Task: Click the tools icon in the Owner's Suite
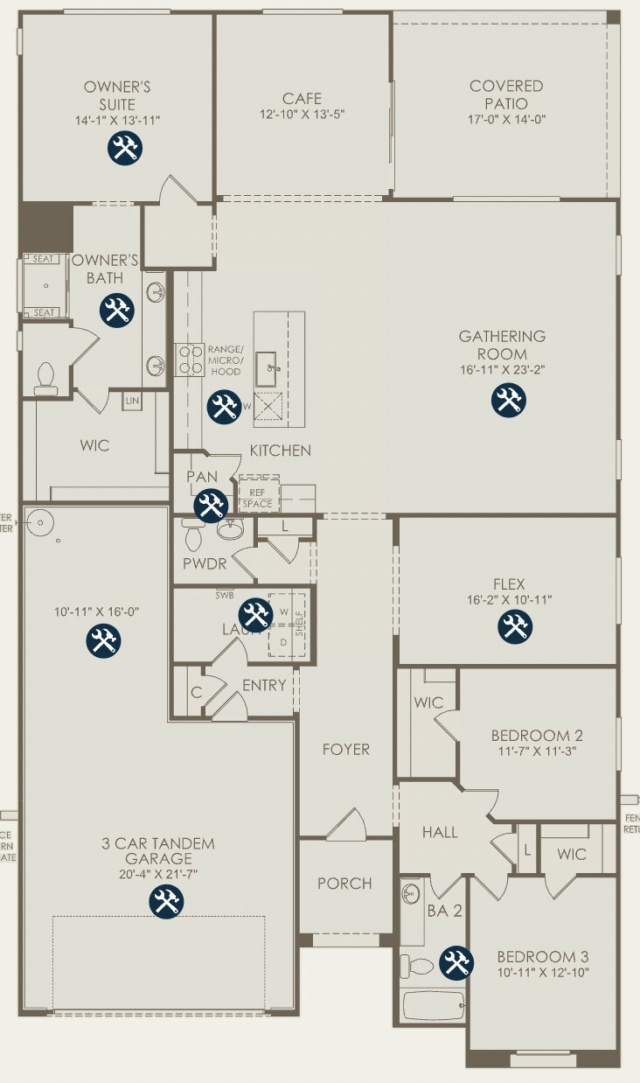pos(126,148)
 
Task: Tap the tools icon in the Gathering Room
pos(508,400)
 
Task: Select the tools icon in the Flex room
pos(515,626)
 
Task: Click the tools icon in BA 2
pos(456,963)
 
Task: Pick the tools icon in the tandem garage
pos(166,900)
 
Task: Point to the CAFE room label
pos(302,99)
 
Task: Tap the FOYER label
pos(345,750)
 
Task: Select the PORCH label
pos(344,884)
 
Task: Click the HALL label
pos(440,833)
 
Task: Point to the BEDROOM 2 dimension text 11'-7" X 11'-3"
pos(537,751)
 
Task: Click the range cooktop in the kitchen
pos(190,360)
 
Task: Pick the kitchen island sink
pos(268,371)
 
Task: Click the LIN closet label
pos(132,401)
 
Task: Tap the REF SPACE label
pos(258,496)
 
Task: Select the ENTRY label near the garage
pos(264,685)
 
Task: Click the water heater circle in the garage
pos(40,524)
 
